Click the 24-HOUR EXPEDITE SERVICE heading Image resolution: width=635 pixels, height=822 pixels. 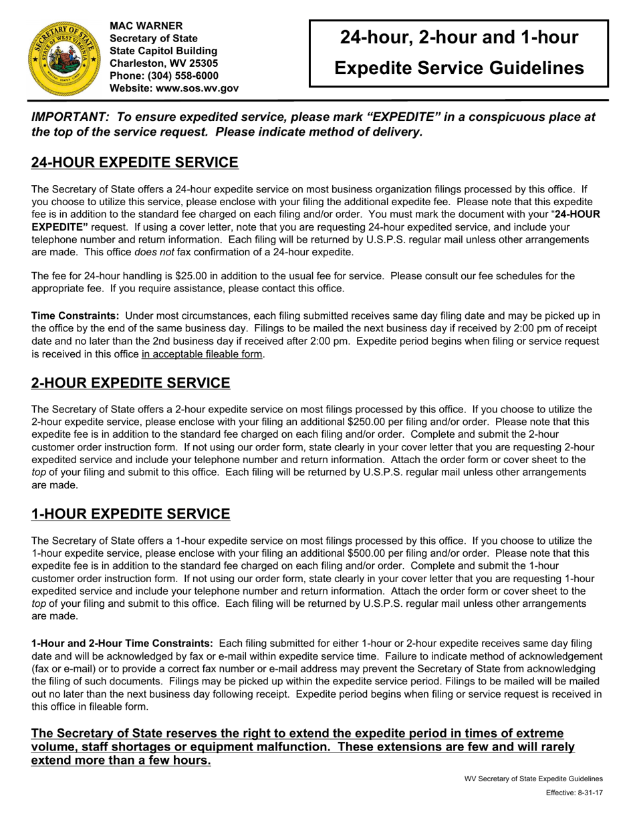click(x=134, y=162)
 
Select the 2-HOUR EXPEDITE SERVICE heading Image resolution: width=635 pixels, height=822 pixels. click(x=130, y=383)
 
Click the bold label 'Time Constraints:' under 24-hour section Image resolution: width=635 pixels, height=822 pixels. click(x=76, y=315)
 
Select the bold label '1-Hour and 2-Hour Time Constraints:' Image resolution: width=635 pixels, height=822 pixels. click(x=122, y=643)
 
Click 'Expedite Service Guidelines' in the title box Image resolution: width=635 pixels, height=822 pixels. click(x=459, y=67)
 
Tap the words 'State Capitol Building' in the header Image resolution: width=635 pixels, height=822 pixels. click(x=163, y=51)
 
